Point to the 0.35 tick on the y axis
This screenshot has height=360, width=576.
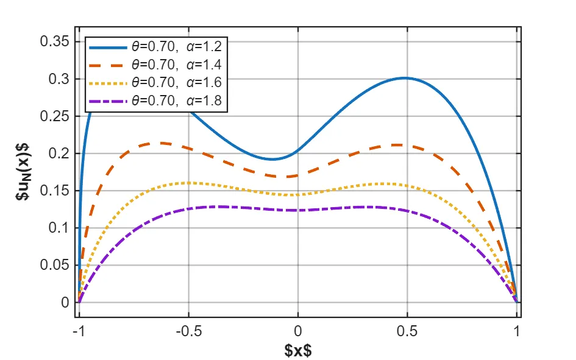click(54, 41)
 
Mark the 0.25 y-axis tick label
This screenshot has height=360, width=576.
click(54, 116)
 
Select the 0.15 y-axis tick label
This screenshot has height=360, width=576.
click(54, 191)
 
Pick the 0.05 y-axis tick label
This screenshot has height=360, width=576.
click(54, 265)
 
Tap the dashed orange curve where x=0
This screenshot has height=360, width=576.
click(298, 175)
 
